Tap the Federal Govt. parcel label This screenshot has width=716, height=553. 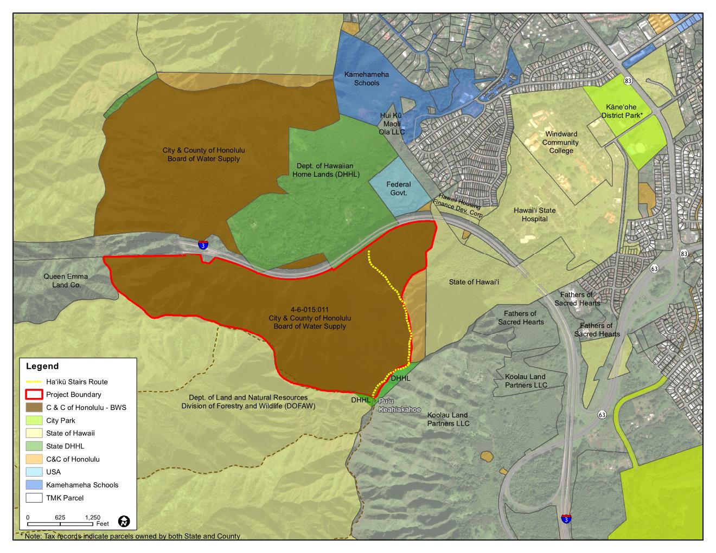(399, 188)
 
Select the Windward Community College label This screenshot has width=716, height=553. (561, 142)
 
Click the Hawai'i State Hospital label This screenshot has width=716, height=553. (534, 215)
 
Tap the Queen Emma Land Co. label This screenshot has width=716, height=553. (65, 280)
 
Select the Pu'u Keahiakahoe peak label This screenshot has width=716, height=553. (400, 405)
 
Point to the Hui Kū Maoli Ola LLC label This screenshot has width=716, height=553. (392, 123)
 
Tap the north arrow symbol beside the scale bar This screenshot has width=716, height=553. (125, 522)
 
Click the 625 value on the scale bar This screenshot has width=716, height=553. (60, 517)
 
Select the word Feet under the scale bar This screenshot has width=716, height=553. (103, 524)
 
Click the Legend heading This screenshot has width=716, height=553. (42, 366)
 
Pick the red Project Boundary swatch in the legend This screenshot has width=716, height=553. (34, 395)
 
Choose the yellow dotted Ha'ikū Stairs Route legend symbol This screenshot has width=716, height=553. (34, 382)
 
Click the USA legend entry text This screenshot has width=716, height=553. (53, 472)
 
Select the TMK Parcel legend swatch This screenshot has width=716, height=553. (34, 498)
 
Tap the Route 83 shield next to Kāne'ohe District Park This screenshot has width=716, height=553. (628, 81)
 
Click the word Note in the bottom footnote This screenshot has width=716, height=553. (33, 536)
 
